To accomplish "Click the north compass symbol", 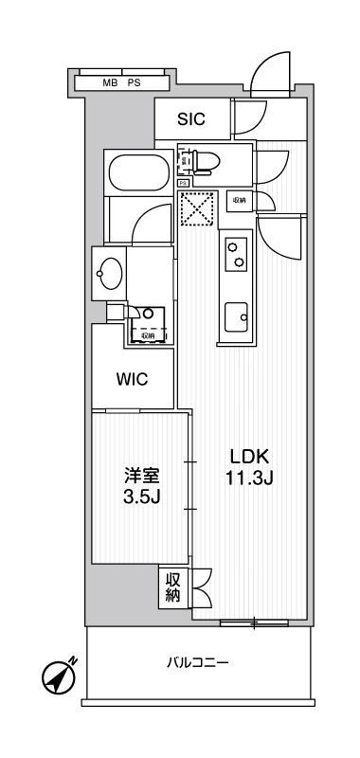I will pyautogui.click(x=58, y=677).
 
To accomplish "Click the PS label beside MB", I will pyautogui.click(x=135, y=83).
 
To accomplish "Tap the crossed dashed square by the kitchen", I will pyautogui.click(x=199, y=210).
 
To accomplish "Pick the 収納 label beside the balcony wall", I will pyautogui.click(x=173, y=588).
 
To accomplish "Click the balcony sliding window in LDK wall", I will pyautogui.click(x=253, y=623).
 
